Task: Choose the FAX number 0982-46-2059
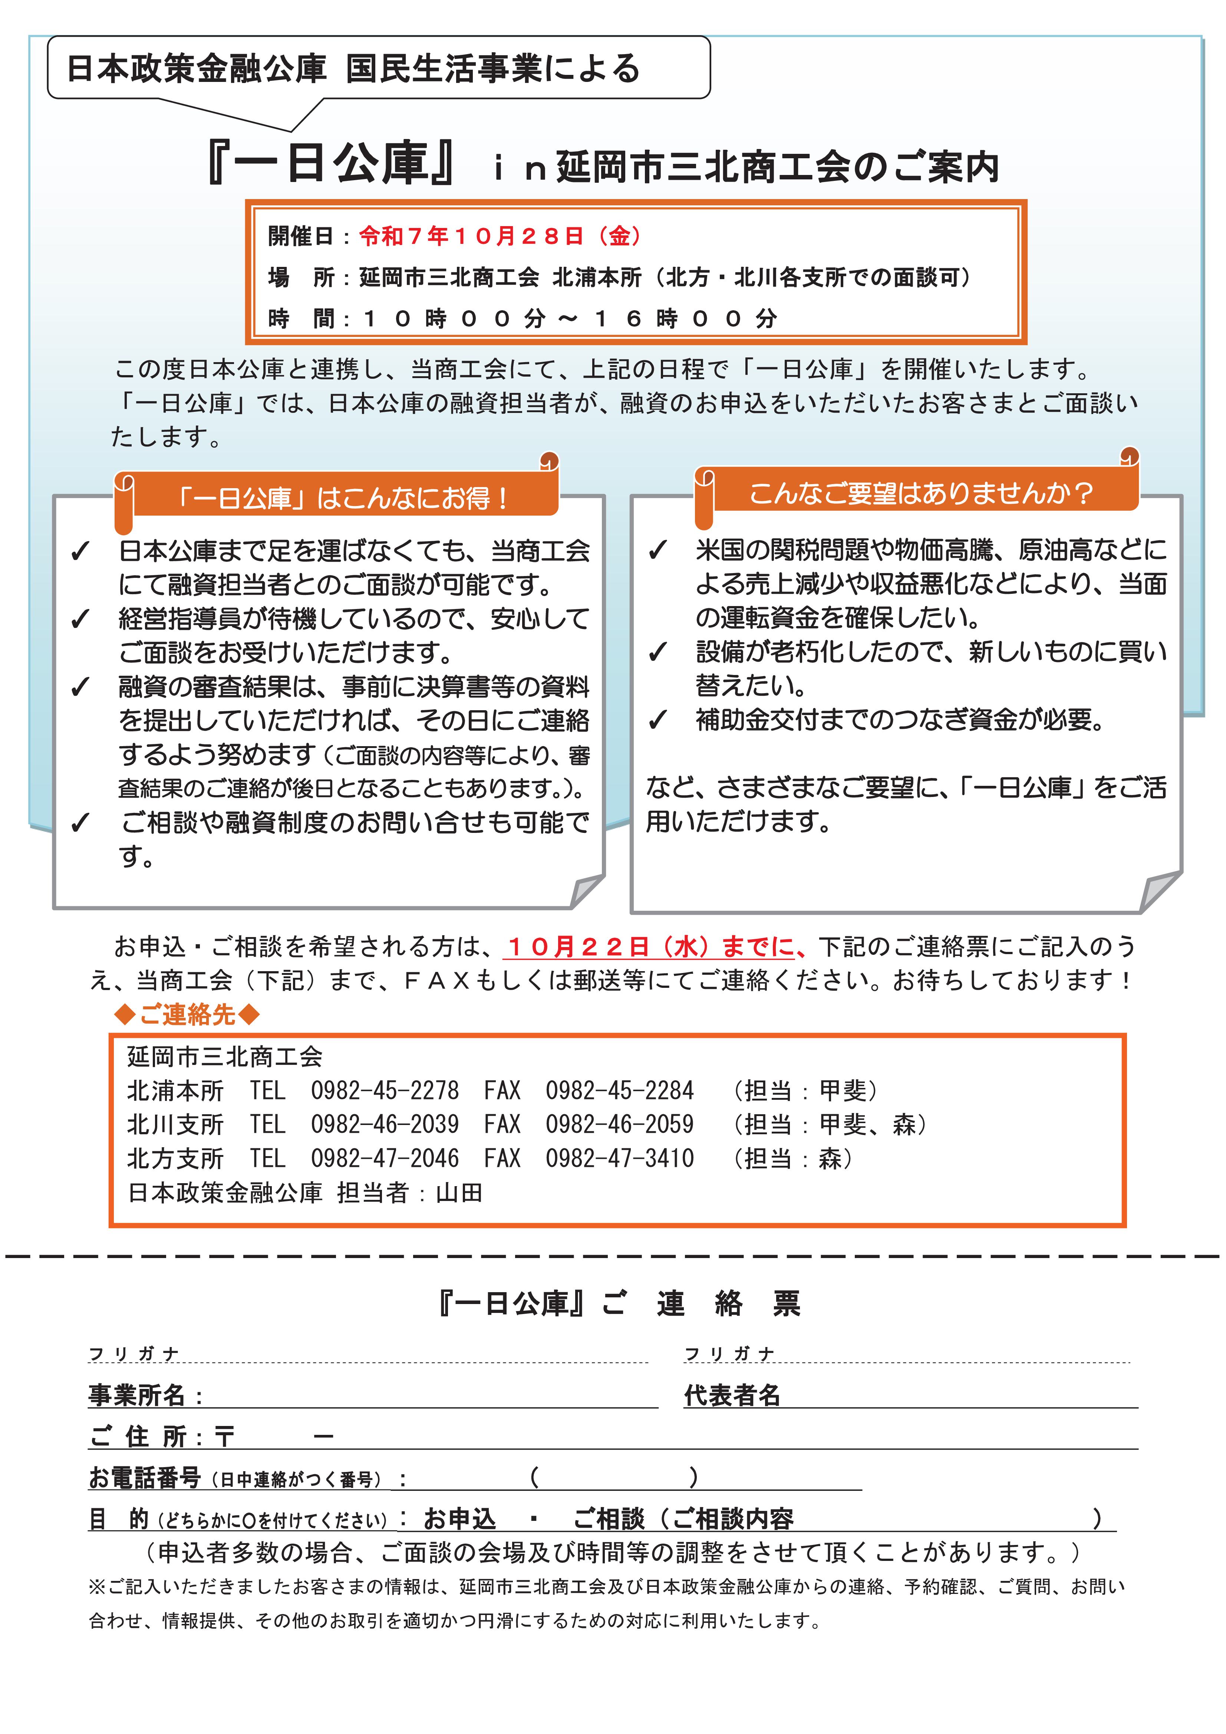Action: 619,1124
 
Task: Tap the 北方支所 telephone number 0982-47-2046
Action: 385,1158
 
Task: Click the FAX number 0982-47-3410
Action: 619,1158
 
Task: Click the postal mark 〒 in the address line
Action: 224,1436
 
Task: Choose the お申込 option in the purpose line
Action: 459,1518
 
